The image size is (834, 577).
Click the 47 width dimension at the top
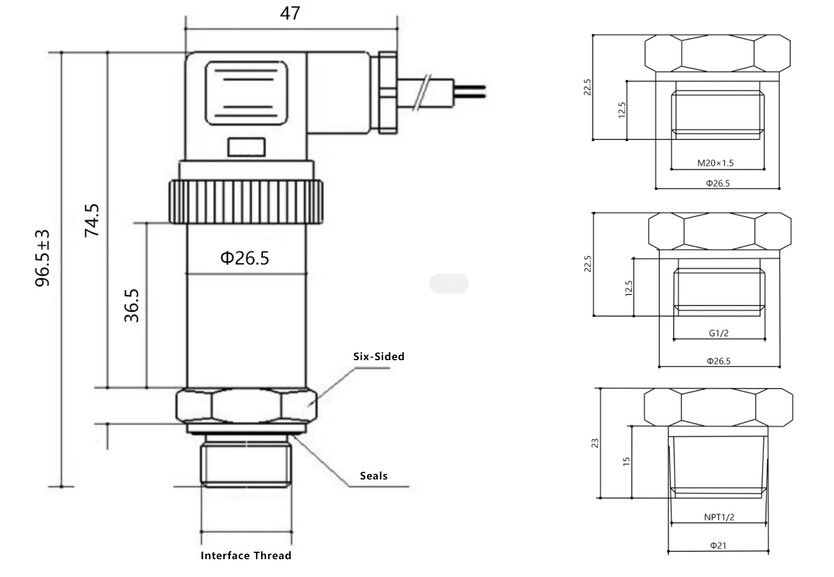(x=290, y=13)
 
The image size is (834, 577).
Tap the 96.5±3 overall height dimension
(x=42, y=258)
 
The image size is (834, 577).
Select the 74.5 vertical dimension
(x=92, y=220)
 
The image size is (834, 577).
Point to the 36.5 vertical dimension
(x=131, y=306)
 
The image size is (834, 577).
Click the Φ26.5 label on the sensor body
(x=244, y=258)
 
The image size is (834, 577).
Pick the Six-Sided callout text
(x=379, y=356)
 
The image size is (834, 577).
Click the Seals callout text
(x=374, y=476)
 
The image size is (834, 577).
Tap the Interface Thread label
(x=246, y=555)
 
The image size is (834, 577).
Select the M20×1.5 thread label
(x=715, y=163)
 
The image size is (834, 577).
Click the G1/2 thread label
(x=719, y=333)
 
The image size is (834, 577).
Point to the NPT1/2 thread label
(x=719, y=517)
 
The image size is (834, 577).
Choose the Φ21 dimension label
(x=718, y=545)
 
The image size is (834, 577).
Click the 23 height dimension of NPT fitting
(x=595, y=443)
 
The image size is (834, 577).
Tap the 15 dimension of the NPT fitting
(x=626, y=462)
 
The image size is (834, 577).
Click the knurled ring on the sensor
(x=246, y=202)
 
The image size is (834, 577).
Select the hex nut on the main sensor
(x=246, y=405)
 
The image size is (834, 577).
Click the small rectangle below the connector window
(x=247, y=147)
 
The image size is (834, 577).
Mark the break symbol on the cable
(x=422, y=93)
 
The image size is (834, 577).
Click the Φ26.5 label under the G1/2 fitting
(x=719, y=361)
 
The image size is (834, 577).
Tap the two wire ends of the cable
(x=470, y=91)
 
